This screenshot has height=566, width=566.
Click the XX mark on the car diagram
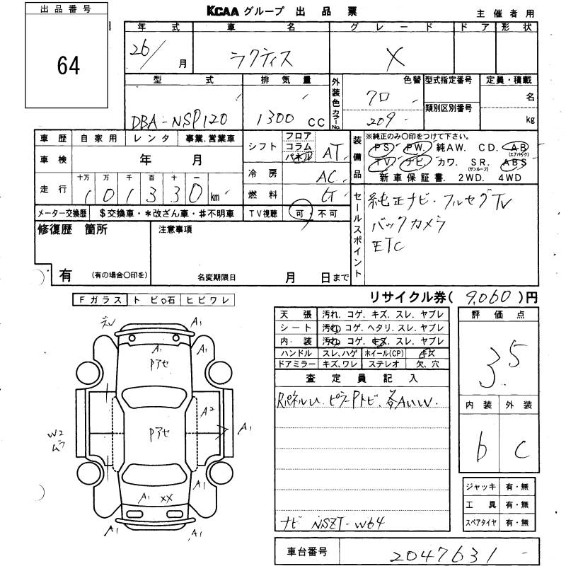point(166,498)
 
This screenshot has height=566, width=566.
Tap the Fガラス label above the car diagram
point(99,300)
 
